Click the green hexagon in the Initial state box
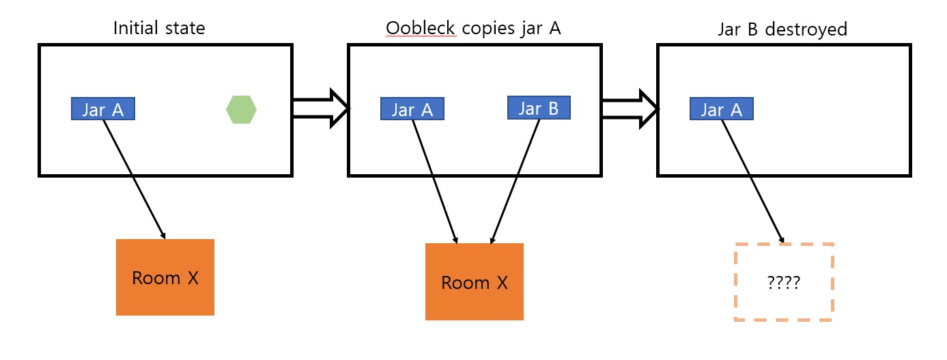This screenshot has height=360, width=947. [241, 109]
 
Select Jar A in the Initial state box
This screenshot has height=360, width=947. [103, 109]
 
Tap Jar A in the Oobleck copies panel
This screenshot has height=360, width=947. [412, 109]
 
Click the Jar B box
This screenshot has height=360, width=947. [539, 108]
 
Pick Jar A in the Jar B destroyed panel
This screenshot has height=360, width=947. [722, 109]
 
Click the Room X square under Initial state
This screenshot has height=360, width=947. [165, 277]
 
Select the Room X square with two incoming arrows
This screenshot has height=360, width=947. [475, 282]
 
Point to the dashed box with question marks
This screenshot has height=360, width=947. [784, 282]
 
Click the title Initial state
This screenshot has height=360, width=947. [159, 29]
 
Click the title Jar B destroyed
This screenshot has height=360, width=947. [782, 29]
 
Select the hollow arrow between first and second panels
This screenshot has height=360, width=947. [320, 108]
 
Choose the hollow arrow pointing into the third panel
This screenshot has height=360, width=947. [630, 108]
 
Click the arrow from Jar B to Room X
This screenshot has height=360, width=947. [515, 181]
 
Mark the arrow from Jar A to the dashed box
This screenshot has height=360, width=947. [753, 181]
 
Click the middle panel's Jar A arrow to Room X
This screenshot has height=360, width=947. [435, 181]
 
